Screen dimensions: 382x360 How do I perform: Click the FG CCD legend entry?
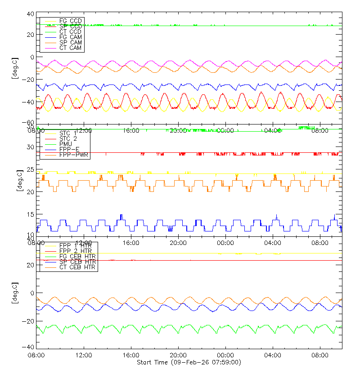(70, 21)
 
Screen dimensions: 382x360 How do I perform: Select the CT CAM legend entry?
(70, 48)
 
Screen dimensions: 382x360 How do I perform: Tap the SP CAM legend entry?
(70, 43)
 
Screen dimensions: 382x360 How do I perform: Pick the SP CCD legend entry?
(70, 27)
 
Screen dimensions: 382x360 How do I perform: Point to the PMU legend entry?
(66, 144)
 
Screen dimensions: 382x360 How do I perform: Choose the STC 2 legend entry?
(68, 139)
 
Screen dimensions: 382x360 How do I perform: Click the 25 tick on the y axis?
(30, 169)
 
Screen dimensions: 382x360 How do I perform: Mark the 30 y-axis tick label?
(30, 147)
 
